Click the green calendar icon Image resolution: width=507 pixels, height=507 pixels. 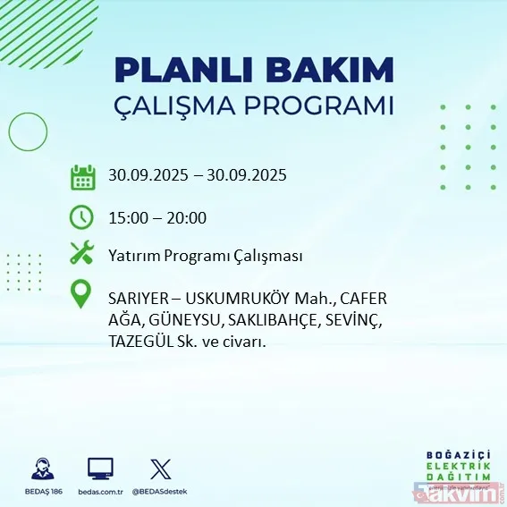82,176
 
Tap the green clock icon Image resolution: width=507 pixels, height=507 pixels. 82,217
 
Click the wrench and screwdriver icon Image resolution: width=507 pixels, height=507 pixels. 82,256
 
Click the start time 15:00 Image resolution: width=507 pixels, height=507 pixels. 129,217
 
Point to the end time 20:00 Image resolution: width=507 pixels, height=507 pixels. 188,217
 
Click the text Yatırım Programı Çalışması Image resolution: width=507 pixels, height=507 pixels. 206,256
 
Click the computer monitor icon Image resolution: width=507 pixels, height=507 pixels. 99,469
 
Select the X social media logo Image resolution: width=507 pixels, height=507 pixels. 160,469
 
